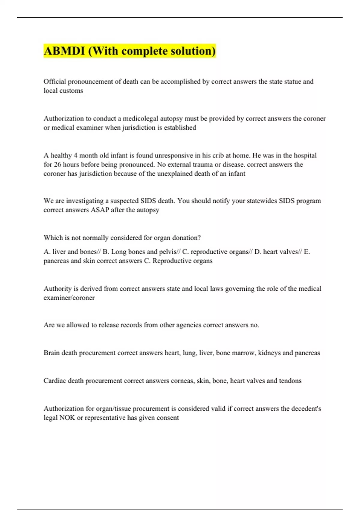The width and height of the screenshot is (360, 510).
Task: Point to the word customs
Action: (73, 91)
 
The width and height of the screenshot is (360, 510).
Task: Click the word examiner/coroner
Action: (69, 298)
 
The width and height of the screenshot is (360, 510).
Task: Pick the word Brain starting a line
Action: (52, 353)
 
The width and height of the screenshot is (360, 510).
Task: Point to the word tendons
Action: (290, 381)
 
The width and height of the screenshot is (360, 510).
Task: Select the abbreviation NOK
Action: (67, 418)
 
